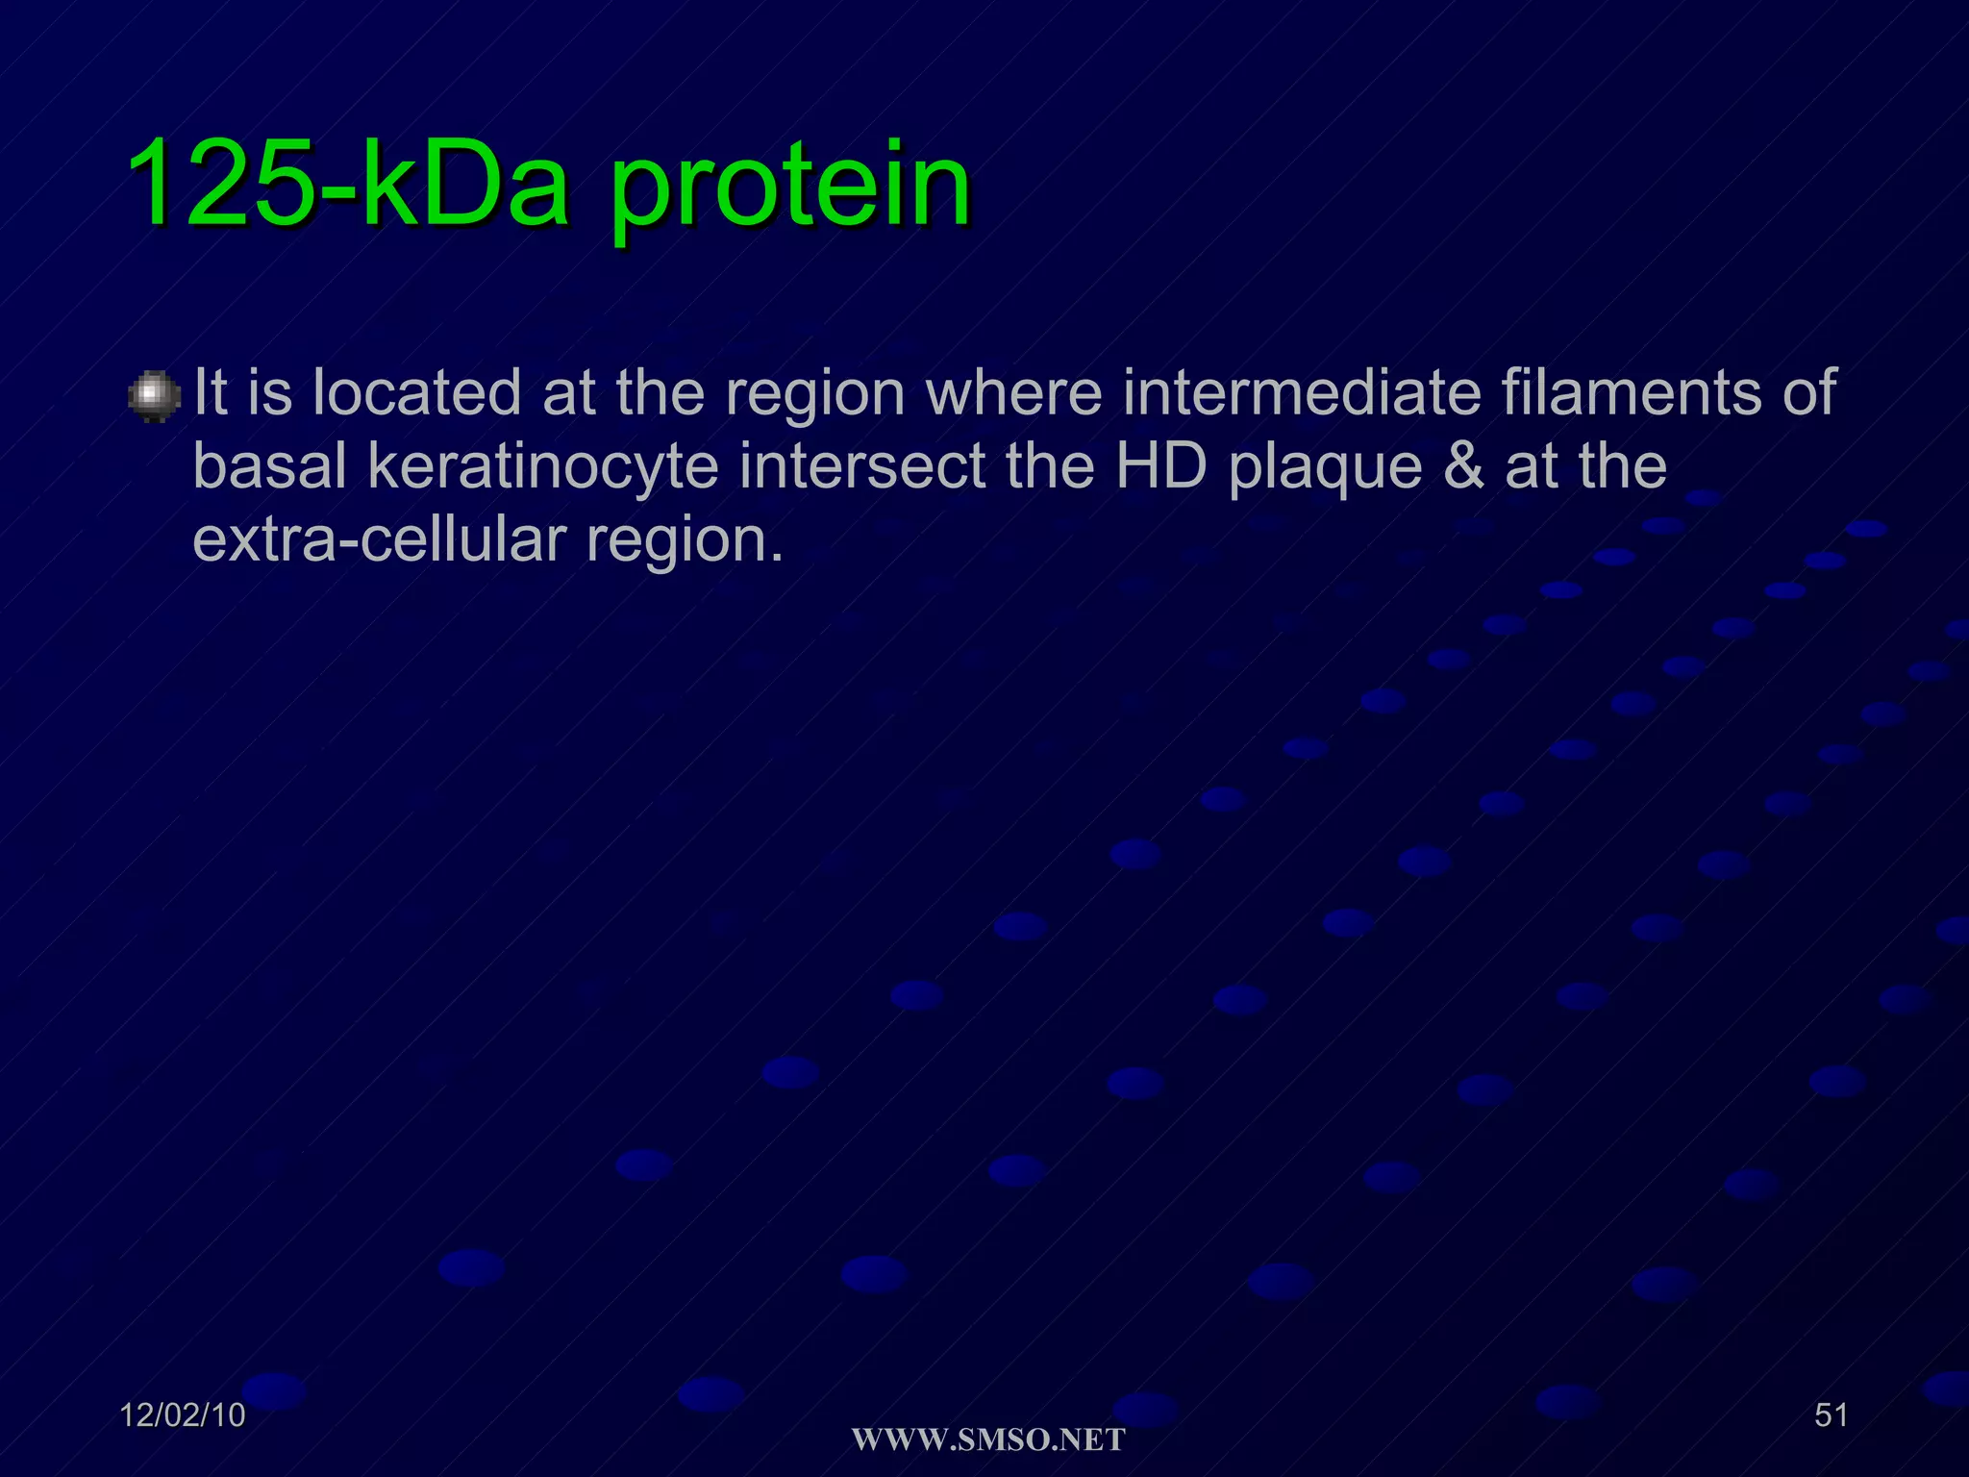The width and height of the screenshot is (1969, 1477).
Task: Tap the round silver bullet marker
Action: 154,396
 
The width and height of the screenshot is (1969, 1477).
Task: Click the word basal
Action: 269,466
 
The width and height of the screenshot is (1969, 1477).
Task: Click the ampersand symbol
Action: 1464,466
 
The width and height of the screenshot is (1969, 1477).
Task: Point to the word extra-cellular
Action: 379,540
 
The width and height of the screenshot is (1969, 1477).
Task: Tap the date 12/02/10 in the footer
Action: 183,1415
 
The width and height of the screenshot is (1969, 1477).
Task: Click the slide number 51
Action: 1831,1415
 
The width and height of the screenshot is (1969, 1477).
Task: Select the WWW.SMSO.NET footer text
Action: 988,1440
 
